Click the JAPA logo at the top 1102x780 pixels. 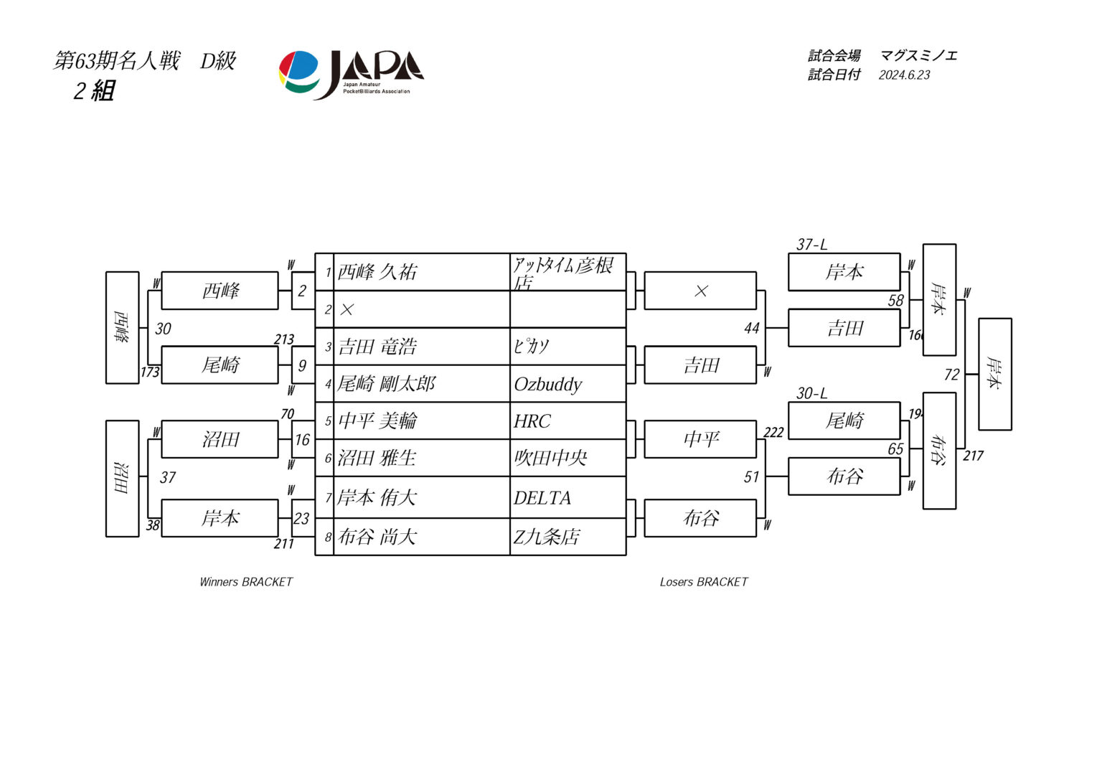coord(351,73)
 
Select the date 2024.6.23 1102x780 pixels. coord(904,75)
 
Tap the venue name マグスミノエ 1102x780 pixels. coord(918,56)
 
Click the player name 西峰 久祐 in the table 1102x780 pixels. coord(377,272)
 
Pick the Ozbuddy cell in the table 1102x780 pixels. coord(548,385)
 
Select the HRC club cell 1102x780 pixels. coord(532,421)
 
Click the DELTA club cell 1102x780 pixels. coord(542,498)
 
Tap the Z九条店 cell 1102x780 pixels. coord(547,537)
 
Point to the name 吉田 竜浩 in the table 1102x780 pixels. coord(377,347)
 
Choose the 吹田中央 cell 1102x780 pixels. coord(550,458)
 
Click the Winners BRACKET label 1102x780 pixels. coord(246,582)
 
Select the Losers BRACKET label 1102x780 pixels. coord(704,582)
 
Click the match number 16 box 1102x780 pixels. coord(303,440)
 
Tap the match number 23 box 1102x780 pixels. coord(302,519)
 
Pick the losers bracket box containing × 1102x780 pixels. coord(700,291)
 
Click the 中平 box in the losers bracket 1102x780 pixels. coord(700,439)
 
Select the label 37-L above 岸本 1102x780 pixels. coord(811,245)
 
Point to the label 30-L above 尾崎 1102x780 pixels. coord(811,393)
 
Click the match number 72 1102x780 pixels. coord(951,375)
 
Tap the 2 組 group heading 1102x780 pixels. coord(94,91)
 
